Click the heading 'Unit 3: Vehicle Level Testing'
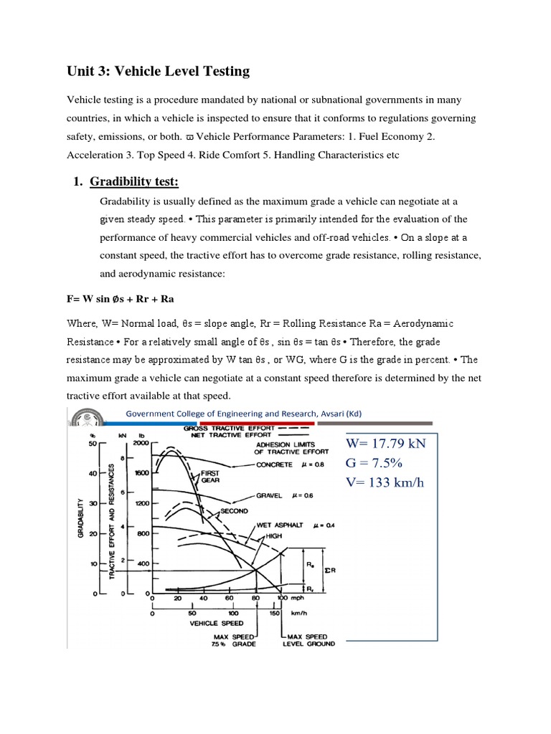[x=158, y=70]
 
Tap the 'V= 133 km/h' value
[x=385, y=482]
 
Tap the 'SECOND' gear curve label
[x=235, y=510]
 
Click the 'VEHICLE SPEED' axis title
[x=214, y=624]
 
